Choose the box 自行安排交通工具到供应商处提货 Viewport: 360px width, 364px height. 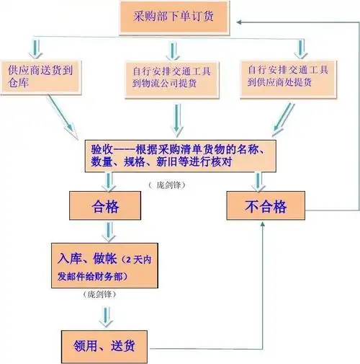(287, 79)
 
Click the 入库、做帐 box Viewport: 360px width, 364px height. (105, 266)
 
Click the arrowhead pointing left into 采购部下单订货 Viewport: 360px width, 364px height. (238, 22)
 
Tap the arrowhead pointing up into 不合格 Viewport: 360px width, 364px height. (263, 226)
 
